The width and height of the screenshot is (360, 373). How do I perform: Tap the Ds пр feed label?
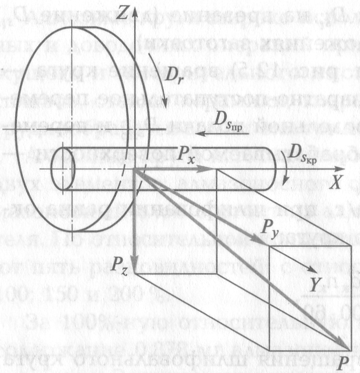pyautogui.click(x=226, y=118)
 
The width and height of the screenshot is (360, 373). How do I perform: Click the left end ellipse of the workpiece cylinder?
pyautogui.click(x=59, y=168)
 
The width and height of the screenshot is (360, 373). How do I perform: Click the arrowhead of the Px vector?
pyautogui.click(x=213, y=170)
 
